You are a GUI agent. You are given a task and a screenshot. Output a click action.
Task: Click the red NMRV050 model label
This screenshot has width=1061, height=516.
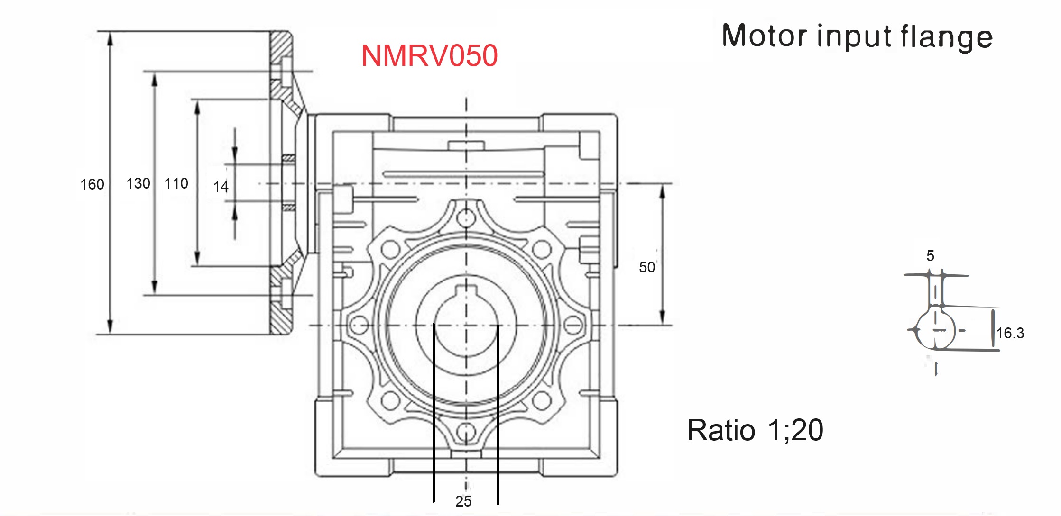point(429,56)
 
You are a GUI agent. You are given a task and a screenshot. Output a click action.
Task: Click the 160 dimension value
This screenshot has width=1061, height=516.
point(92,184)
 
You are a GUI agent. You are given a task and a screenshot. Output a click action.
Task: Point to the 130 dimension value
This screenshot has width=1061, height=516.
point(138,183)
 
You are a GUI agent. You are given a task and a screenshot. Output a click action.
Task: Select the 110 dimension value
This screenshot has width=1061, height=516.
point(176,183)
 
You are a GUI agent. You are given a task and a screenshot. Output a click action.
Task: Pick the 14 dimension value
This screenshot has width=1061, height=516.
point(221,187)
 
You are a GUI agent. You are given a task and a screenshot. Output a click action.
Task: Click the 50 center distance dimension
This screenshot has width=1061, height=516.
point(646,267)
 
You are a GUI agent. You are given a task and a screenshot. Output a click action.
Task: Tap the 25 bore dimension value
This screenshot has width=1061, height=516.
point(463,501)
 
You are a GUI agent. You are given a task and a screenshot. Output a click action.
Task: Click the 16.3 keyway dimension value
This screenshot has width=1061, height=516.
point(1010,333)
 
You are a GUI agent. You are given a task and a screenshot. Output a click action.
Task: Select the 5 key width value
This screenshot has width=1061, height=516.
point(930,256)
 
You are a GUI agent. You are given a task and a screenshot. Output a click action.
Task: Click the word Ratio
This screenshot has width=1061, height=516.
point(720,430)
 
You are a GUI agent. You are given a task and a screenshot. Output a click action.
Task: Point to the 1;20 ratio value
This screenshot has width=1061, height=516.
point(795,430)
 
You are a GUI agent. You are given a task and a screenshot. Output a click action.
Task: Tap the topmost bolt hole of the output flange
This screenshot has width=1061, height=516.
point(466,219)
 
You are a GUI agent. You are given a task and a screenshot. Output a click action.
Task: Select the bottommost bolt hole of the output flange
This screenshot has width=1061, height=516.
point(466,432)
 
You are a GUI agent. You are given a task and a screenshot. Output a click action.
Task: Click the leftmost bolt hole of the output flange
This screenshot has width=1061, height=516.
point(359,325)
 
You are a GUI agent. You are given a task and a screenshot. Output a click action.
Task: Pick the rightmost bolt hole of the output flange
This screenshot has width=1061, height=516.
point(573,325)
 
